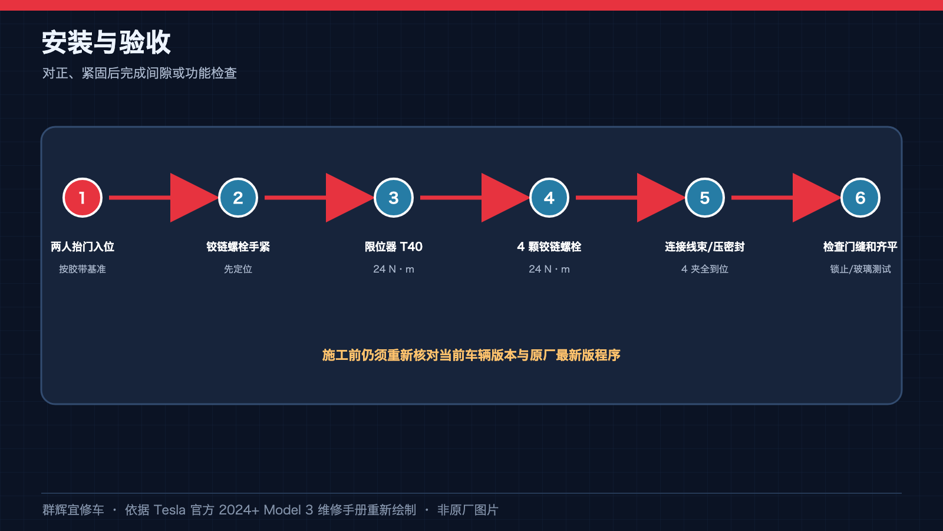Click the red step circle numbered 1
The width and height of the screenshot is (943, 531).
(83, 198)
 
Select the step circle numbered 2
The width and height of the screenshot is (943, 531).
(238, 198)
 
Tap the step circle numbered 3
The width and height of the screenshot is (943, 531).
(394, 198)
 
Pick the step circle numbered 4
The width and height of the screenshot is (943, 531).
(549, 198)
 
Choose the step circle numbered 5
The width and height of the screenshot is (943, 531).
(705, 198)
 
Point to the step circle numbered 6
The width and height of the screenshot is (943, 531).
(860, 198)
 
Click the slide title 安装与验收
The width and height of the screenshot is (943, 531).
(106, 42)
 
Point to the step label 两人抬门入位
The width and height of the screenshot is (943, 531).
(83, 247)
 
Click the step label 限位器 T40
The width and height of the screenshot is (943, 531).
(394, 247)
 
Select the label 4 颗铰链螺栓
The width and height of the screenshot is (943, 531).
(549, 247)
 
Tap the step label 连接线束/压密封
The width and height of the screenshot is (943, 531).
(705, 247)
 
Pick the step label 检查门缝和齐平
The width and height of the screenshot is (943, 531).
(860, 247)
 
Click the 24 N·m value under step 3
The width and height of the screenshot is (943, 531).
(394, 269)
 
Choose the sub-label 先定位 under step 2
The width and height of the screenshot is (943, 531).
(238, 269)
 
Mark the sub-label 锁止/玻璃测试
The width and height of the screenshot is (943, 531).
(860, 269)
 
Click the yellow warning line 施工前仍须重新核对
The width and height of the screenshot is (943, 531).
(471, 355)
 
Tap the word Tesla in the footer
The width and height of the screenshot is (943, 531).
(169, 510)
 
